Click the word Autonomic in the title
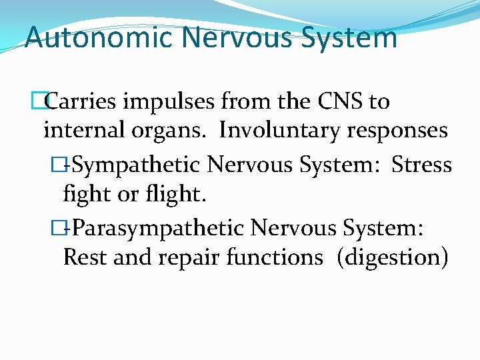(x=98, y=37)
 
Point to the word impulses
(x=175, y=101)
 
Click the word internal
(x=81, y=130)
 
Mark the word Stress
(x=421, y=163)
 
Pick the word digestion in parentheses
(x=393, y=257)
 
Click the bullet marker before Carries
(x=45, y=101)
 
